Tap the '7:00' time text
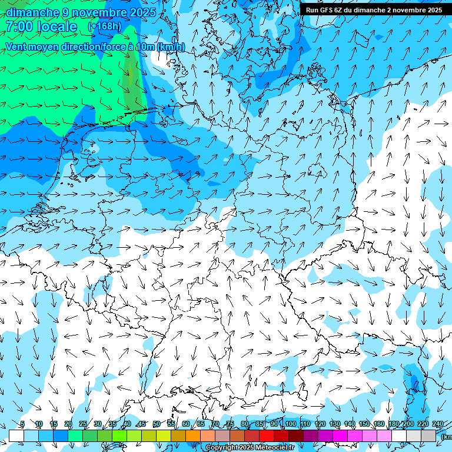click(19, 26)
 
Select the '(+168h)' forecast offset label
click(105, 26)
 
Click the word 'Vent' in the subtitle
click(17, 46)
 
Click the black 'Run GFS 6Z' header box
click(374, 10)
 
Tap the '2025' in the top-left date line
click(142, 12)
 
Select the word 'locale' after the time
click(56, 26)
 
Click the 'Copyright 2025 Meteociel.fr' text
click(250, 448)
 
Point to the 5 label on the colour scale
click(22, 424)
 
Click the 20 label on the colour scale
click(68, 424)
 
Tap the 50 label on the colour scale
click(157, 424)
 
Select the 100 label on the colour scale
click(290, 424)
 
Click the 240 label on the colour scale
click(437, 424)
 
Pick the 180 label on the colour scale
click(393, 424)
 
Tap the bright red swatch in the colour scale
click(267, 436)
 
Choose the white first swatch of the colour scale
click(16, 436)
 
